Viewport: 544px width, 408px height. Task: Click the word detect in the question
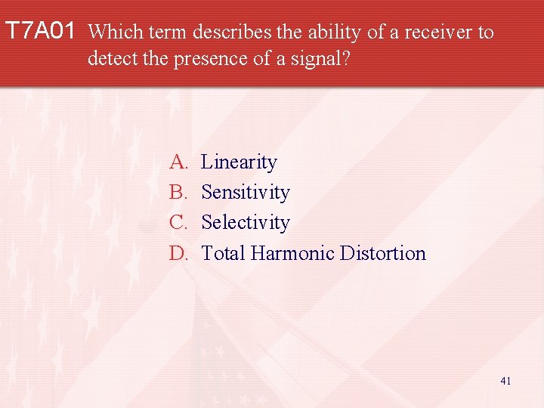pos(110,58)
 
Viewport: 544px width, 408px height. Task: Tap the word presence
pos(209,58)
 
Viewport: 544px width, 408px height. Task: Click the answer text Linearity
pos(239,162)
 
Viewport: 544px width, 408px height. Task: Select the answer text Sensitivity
pos(246,193)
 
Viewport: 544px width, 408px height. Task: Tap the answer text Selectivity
pos(246,223)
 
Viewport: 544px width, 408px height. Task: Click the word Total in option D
pos(223,253)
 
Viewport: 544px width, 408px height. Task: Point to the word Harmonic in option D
pos(292,253)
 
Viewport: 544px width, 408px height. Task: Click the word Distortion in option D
pos(383,253)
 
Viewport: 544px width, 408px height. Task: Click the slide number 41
pos(505,381)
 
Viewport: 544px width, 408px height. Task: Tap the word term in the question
pos(168,32)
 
